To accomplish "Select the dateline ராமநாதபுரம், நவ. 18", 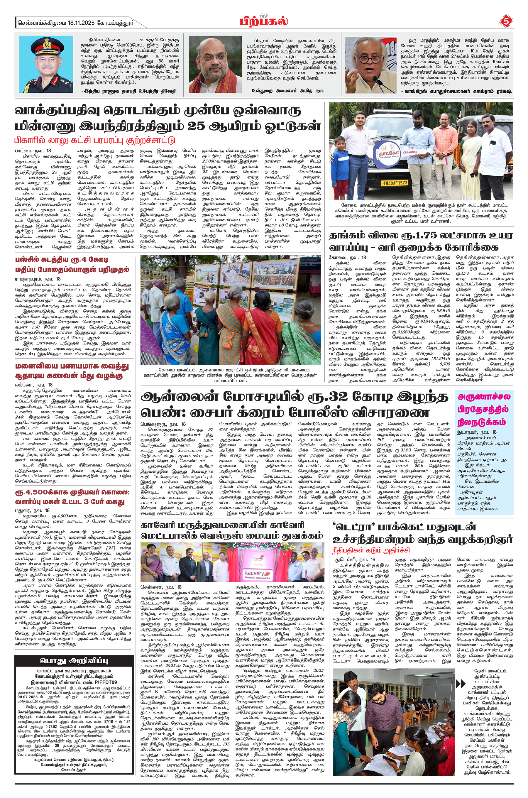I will click(38, 279).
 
